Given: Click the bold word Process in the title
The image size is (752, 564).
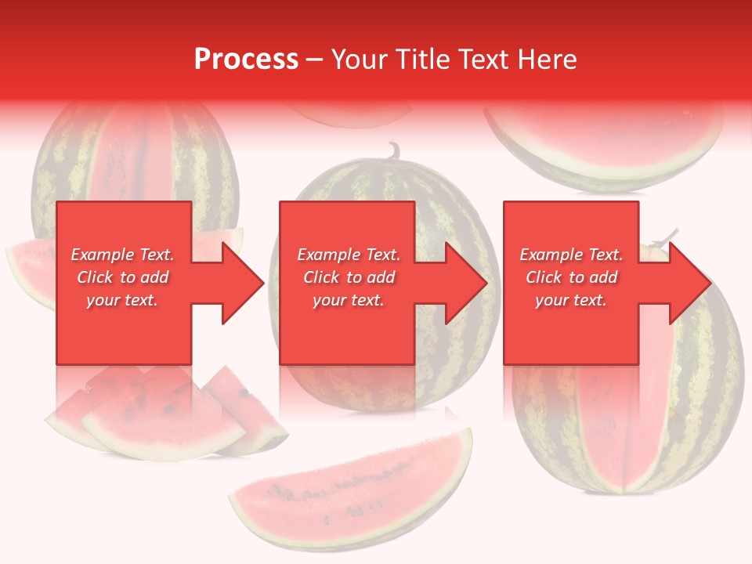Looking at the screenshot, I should (246, 60).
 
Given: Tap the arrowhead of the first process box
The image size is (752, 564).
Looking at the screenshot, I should (243, 283).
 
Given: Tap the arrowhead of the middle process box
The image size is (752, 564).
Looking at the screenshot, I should (466, 283).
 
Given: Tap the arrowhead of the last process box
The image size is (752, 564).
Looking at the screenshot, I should (689, 283).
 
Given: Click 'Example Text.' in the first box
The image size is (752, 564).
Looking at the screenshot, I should (122, 255).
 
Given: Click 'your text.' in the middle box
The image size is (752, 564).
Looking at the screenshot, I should (349, 300).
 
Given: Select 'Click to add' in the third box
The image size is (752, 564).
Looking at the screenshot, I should (571, 277).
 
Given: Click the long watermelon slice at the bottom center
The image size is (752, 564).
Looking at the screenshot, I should (352, 486).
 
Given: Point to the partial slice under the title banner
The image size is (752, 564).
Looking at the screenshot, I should (352, 115).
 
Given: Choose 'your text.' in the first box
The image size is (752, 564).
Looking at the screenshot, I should (122, 300).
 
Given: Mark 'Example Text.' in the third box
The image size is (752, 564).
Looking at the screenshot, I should (571, 255).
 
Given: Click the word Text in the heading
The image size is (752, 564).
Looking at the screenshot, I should (483, 60).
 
